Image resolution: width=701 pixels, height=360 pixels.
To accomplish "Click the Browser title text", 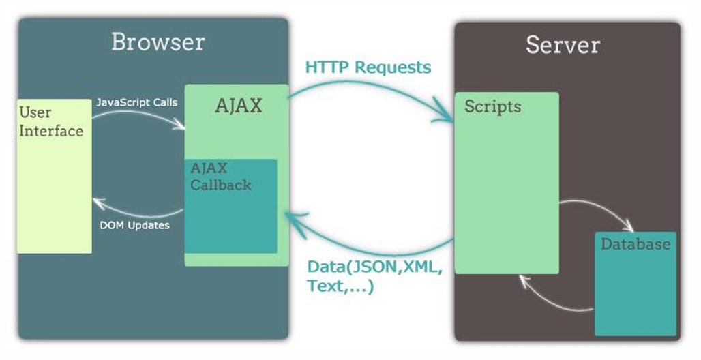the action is click(158, 42).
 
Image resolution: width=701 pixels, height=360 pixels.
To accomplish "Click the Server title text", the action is click(563, 45).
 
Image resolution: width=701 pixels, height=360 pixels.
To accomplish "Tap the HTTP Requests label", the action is click(368, 67).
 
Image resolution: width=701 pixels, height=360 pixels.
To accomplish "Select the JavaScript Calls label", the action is click(137, 102).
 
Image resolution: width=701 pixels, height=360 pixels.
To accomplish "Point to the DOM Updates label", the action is click(134, 225).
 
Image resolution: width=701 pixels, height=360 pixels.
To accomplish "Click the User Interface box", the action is click(54, 176).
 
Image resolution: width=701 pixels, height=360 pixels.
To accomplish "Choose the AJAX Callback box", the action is click(231, 206).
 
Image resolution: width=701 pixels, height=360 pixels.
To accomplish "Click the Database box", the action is click(636, 284).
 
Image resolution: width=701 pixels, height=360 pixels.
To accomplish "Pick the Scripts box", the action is click(507, 183).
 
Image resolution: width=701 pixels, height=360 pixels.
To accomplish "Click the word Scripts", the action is click(492, 106).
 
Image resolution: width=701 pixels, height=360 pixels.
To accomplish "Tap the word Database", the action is click(636, 243).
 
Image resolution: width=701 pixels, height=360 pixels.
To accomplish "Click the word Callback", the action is click(220, 185).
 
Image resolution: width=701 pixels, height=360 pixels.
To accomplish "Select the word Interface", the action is click(51, 131).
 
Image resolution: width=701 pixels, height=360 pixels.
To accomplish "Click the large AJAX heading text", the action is click(238, 106).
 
